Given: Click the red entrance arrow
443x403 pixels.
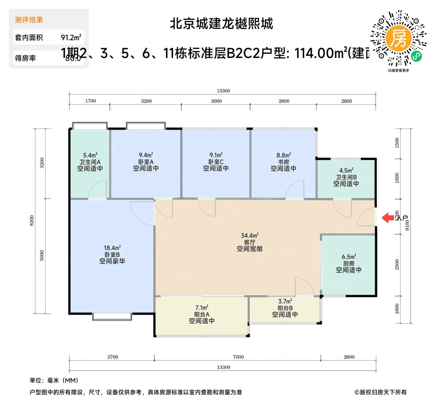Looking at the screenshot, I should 388,218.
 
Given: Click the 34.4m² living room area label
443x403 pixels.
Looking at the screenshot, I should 250,236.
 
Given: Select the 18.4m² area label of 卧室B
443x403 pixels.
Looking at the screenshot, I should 112,248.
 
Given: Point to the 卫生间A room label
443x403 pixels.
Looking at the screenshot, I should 90,162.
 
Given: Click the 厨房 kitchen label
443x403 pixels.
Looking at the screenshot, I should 349,263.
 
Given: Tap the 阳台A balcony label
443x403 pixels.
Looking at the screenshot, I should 202,314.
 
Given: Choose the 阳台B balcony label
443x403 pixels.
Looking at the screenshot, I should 285,308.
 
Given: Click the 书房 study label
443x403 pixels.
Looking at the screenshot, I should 284,162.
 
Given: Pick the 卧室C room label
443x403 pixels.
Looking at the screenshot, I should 216,162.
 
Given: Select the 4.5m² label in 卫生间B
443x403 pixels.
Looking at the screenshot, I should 346,170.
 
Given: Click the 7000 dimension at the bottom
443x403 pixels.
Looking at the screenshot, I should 238,357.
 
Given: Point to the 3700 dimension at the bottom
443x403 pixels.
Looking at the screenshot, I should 113,357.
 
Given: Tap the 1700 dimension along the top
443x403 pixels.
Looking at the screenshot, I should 90,101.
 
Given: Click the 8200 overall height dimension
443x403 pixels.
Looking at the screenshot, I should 32,221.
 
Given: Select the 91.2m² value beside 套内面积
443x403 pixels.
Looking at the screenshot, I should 71,37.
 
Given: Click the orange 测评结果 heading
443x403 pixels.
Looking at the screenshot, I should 29,20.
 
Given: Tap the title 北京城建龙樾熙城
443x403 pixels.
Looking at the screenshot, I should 221,24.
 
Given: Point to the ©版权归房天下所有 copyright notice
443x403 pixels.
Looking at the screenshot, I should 380,392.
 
